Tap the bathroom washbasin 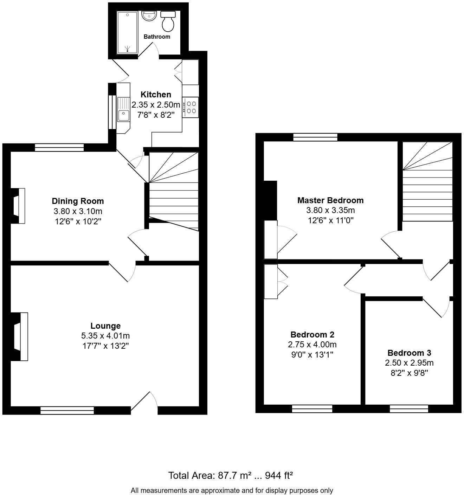(149, 16)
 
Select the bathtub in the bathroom (127, 32)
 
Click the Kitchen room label (156, 95)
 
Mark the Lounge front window (67, 410)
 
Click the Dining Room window (59, 148)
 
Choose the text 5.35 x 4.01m (105, 336)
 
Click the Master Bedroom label (330, 200)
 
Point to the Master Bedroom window (315, 137)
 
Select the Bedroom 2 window (312, 409)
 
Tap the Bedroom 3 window (409, 409)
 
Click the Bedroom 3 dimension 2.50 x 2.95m (409, 363)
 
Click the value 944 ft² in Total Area (279, 476)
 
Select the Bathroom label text (157, 37)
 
